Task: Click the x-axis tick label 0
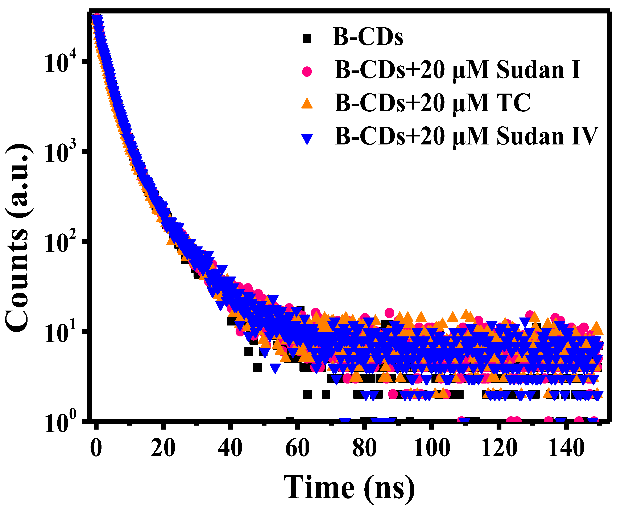click(x=96, y=448)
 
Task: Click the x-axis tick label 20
click(x=163, y=448)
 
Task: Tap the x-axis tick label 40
click(x=230, y=448)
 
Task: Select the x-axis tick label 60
click(x=297, y=448)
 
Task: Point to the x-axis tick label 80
click(x=365, y=448)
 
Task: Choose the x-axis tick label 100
click(x=432, y=448)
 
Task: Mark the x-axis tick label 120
click(x=499, y=448)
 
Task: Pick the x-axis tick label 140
click(x=566, y=448)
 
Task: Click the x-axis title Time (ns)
click(x=349, y=488)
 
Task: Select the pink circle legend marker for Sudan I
click(x=307, y=71)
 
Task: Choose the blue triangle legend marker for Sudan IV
click(x=307, y=139)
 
